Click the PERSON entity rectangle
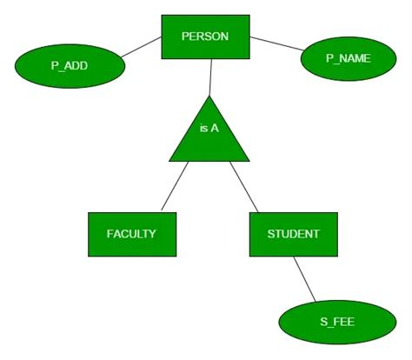click(x=205, y=37)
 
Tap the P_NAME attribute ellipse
click(x=348, y=59)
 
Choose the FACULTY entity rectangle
click(x=131, y=234)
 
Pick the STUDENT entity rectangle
click(x=293, y=234)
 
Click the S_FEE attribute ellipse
click(x=330, y=323)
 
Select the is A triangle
click(x=209, y=135)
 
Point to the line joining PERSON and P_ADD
click(x=141, y=48)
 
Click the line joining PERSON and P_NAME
click(x=276, y=43)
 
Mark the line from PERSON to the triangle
click(x=209, y=77)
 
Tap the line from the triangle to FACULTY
click(x=174, y=187)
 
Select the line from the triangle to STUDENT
click(x=244, y=187)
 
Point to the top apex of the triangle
click(x=209, y=95)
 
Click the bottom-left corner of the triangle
click(x=169, y=162)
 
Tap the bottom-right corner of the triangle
click(x=249, y=162)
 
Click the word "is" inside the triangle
click(x=203, y=128)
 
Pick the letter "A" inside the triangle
click(x=214, y=128)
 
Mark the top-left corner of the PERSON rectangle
click(x=163, y=15)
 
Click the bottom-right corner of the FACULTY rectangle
click(x=176, y=257)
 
